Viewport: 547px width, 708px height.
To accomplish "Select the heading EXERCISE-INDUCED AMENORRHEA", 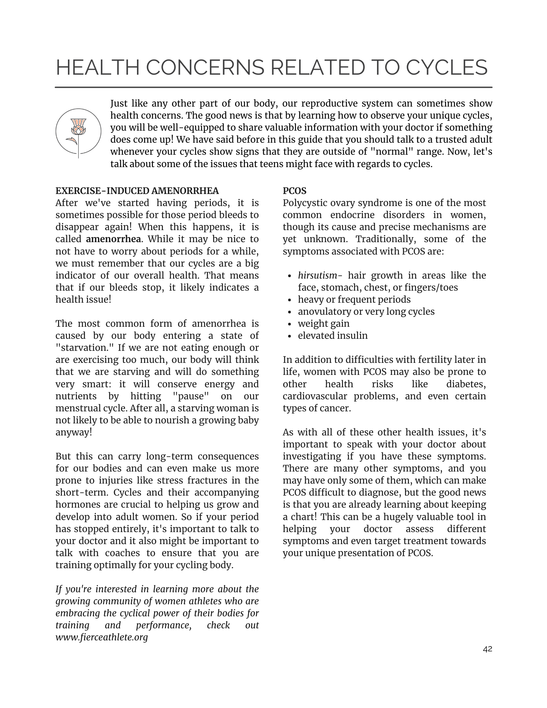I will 137,191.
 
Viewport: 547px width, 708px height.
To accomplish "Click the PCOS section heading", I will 295,191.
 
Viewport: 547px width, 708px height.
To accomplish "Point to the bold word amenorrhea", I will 113,239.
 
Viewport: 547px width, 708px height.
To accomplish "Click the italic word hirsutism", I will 318,275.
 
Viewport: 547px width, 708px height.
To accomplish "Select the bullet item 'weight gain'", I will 324,324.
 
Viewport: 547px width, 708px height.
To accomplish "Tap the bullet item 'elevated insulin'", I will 333,336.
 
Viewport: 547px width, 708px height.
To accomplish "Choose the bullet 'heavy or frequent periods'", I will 354,299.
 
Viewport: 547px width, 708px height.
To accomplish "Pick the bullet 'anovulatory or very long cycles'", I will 366,312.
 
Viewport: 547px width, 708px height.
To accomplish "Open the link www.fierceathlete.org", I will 102,638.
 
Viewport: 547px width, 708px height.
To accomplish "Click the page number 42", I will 487,649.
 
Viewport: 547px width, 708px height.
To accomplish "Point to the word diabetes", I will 466,384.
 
